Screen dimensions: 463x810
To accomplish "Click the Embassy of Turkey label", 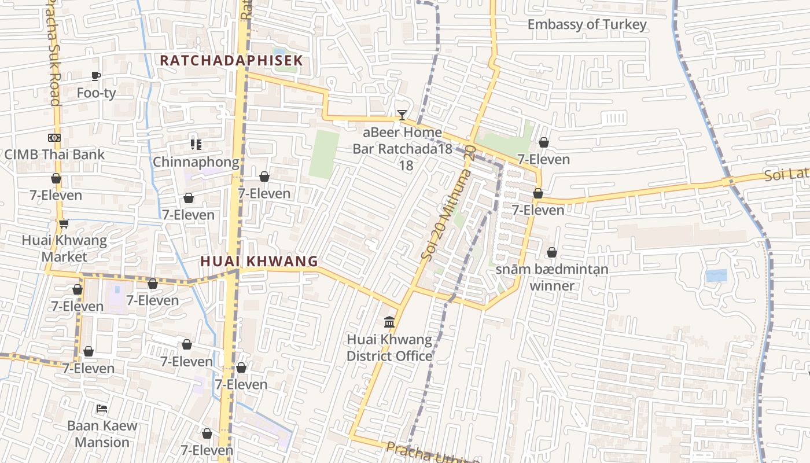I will click(x=587, y=24).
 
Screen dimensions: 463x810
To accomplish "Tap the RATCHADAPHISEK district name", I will click(x=231, y=60).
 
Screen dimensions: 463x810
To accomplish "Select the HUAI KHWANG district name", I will click(x=259, y=261).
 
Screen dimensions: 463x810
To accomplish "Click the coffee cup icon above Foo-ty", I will click(x=96, y=76).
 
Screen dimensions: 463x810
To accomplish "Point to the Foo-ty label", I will click(x=97, y=93).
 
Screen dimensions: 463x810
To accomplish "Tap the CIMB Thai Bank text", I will click(x=54, y=155).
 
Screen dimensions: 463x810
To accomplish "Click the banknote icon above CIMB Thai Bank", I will click(x=54, y=138).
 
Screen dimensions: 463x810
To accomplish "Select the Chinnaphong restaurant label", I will click(x=196, y=162).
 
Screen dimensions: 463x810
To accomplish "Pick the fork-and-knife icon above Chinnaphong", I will click(x=196, y=144).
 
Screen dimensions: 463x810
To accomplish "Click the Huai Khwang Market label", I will click(x=64, y=248).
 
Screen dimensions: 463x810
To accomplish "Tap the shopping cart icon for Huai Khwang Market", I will click(x=64, y=223).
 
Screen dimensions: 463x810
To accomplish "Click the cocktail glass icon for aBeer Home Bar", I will click(x=402, y=115).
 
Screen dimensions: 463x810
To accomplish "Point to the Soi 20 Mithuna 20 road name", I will click(x=448, y=203).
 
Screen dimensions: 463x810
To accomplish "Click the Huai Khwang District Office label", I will click(x=389, y=347).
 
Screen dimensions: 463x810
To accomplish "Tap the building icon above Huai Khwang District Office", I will click(x=389, y=322).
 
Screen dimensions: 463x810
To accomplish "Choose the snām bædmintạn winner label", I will click(x=552, y=277).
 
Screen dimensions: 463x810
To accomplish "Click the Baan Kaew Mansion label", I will click(x=102, y=434).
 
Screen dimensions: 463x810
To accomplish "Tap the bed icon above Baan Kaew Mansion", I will click(x=102, y=409).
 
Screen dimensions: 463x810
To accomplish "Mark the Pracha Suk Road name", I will click(x=52, y=52).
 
